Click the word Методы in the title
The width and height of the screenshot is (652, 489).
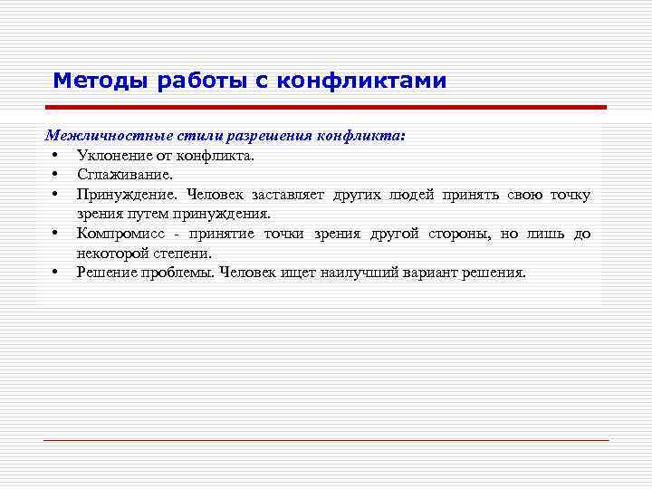pyautogui.click(x=101, y=81)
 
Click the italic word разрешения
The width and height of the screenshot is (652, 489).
pyautogui.click(x=273, y=136)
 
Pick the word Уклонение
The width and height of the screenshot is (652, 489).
pyautogui.click(x=110, y=155)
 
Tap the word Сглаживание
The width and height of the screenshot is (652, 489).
pyautogui.click(x=119, y=175)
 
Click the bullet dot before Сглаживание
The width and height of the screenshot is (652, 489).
pyautogui.click(x=55, y=175)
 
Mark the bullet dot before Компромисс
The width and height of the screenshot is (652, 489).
pyautogui.click(x=55, y=234)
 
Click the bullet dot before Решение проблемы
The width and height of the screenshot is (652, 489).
pyautogui.click(x=55, y=272)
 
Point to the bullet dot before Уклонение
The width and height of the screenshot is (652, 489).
pyautogui.click(x=55, y=155)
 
